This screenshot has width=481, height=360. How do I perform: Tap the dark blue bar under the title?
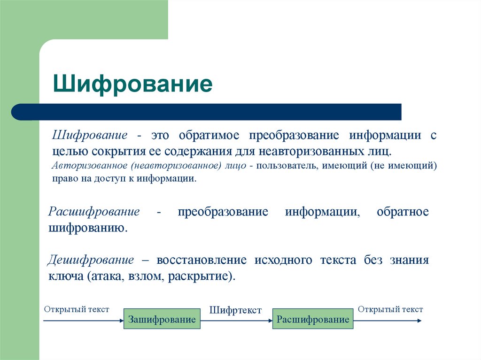pyautogui.click(x=207, y=112)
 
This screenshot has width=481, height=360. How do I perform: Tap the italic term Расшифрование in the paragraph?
pyautogui.click(x=94, y=211)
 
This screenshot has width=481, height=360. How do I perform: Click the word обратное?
pyautogui.click(x=403, y=211)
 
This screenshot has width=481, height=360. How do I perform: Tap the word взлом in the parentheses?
pyautogui.click(x=141, y=276)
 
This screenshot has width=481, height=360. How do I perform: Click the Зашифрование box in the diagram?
pyautogui.click(x=162, y=319)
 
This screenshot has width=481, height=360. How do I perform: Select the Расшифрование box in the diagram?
pyautogui.click(x=313, y=319)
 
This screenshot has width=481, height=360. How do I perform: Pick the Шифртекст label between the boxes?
pyautogui.click(x=235, y=310)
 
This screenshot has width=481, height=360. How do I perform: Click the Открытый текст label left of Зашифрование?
pyautogui.click(x=77, y=309)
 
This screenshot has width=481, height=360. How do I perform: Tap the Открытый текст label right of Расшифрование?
pyautogui.click(x=390, y=309)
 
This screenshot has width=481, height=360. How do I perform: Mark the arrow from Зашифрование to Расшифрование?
pyautogui.click(x=236, y=320)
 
